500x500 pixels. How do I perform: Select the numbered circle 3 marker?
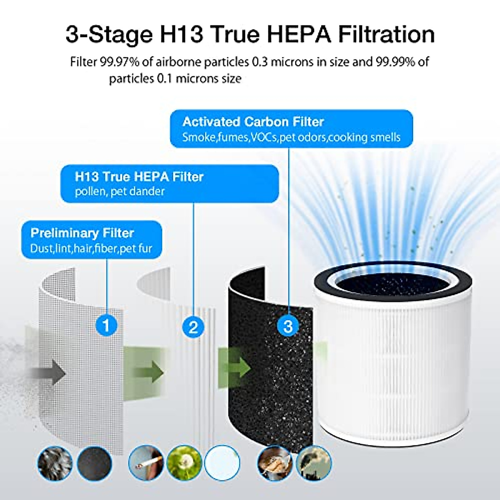(288, 325)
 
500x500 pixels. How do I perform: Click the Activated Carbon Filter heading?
(253, 122)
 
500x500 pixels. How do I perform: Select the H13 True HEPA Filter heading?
(139, 177)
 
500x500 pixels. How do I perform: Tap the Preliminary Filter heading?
(82, 233)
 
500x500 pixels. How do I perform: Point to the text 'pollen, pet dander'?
(120, 192)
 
